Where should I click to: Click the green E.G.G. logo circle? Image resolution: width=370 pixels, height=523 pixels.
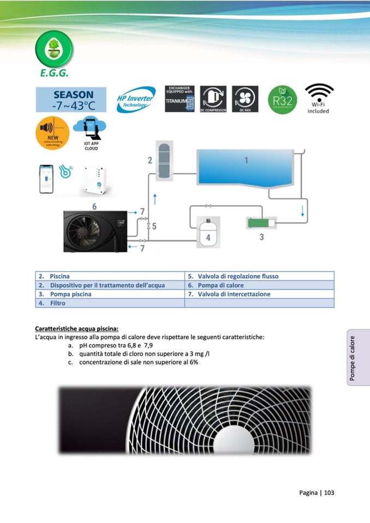point(54,49)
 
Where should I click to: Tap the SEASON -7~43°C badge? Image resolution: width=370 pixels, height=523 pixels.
point(63,100)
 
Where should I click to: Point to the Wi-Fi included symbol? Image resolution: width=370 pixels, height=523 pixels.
point(319,98)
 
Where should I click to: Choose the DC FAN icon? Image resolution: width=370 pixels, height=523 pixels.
point(245,99)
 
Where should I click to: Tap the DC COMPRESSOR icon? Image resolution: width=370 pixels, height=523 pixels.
point(213,99)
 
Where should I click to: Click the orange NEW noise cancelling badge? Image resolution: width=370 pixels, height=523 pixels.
point(52,133)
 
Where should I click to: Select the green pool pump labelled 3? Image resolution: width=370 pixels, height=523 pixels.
point(261,223)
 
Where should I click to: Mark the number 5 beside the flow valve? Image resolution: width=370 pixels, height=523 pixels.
point(154,226)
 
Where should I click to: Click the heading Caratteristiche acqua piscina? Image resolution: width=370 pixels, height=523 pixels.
point(76,329)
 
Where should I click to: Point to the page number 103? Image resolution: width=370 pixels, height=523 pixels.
point(329,492)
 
